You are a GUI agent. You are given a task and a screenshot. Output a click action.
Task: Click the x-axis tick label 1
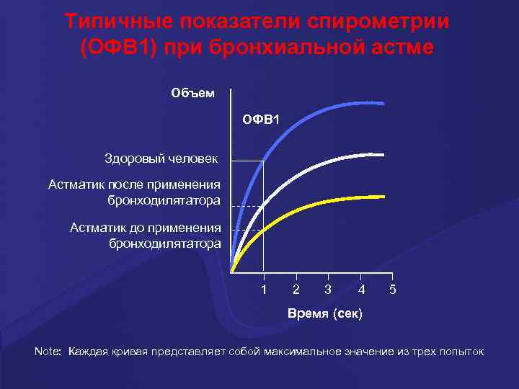pos(264,290)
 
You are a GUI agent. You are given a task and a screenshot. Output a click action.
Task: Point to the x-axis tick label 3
pos(328,290)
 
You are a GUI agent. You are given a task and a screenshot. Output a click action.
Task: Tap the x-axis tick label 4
pos(361,290)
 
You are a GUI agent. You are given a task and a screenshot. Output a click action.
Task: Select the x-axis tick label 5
pos(392,290)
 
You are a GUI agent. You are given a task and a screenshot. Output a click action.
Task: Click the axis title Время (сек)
pos(325,314)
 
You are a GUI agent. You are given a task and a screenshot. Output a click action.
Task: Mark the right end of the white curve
pos(382,155)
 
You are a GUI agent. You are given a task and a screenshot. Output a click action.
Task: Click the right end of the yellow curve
pos(382,196)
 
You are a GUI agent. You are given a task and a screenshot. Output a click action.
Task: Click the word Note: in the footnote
pos(49,352)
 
